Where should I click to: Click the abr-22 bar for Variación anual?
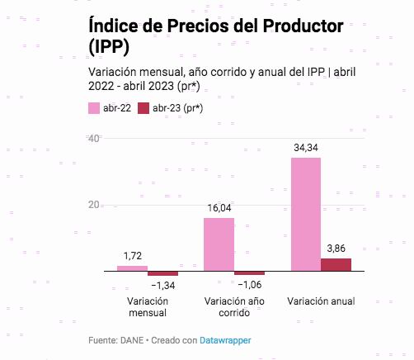[306, 214]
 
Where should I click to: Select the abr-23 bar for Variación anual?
[336, 264]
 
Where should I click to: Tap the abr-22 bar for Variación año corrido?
[219, 244]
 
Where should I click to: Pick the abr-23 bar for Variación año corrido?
[249, 273]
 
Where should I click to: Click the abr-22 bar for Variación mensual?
[132, 268]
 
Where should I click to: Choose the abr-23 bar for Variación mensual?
[162, 273]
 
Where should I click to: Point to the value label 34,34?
[306, 148]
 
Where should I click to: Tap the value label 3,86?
[336, 249]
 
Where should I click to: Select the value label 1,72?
[132, 257]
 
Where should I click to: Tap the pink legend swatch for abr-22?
[93, 108]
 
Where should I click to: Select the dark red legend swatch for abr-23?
[143, 108]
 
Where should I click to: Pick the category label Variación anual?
[321, 301]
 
